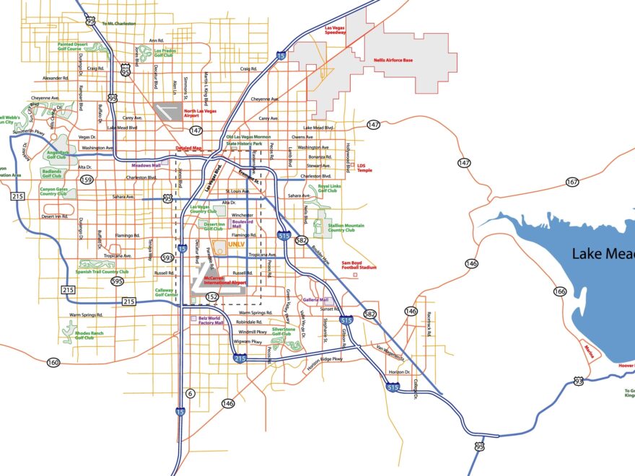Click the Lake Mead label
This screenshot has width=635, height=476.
pos(603,254)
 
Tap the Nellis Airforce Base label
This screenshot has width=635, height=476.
pos(393,61)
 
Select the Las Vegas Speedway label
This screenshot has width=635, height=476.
pos(335,30)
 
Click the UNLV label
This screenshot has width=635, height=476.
pos(237,245)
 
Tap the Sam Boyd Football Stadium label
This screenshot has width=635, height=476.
pos(359,265)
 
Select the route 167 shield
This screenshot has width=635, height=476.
pos(572,182)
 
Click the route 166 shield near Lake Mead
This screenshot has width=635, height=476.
pos(560,291)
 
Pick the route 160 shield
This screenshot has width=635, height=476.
pos(53,362)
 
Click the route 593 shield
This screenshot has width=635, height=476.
pos(167,257)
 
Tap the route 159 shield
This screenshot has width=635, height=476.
pos(87,180)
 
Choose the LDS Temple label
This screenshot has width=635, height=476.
pos(365,168)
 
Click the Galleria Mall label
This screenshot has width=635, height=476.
pos(315,299)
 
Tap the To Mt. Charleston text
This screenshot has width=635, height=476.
pos(118,24)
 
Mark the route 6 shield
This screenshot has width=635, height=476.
pos(190,393)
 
